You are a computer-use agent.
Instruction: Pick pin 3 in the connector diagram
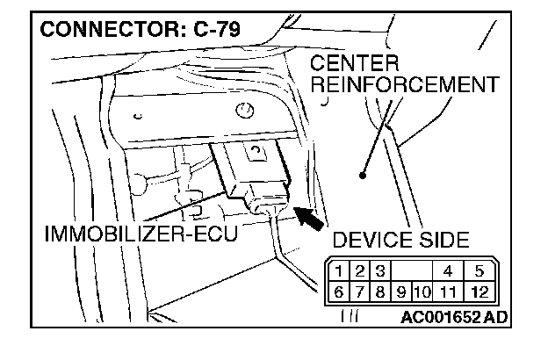tap(379, 271)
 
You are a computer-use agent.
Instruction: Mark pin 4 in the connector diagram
tap(447, 271)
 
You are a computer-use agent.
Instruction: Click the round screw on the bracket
tap(245, 110)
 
